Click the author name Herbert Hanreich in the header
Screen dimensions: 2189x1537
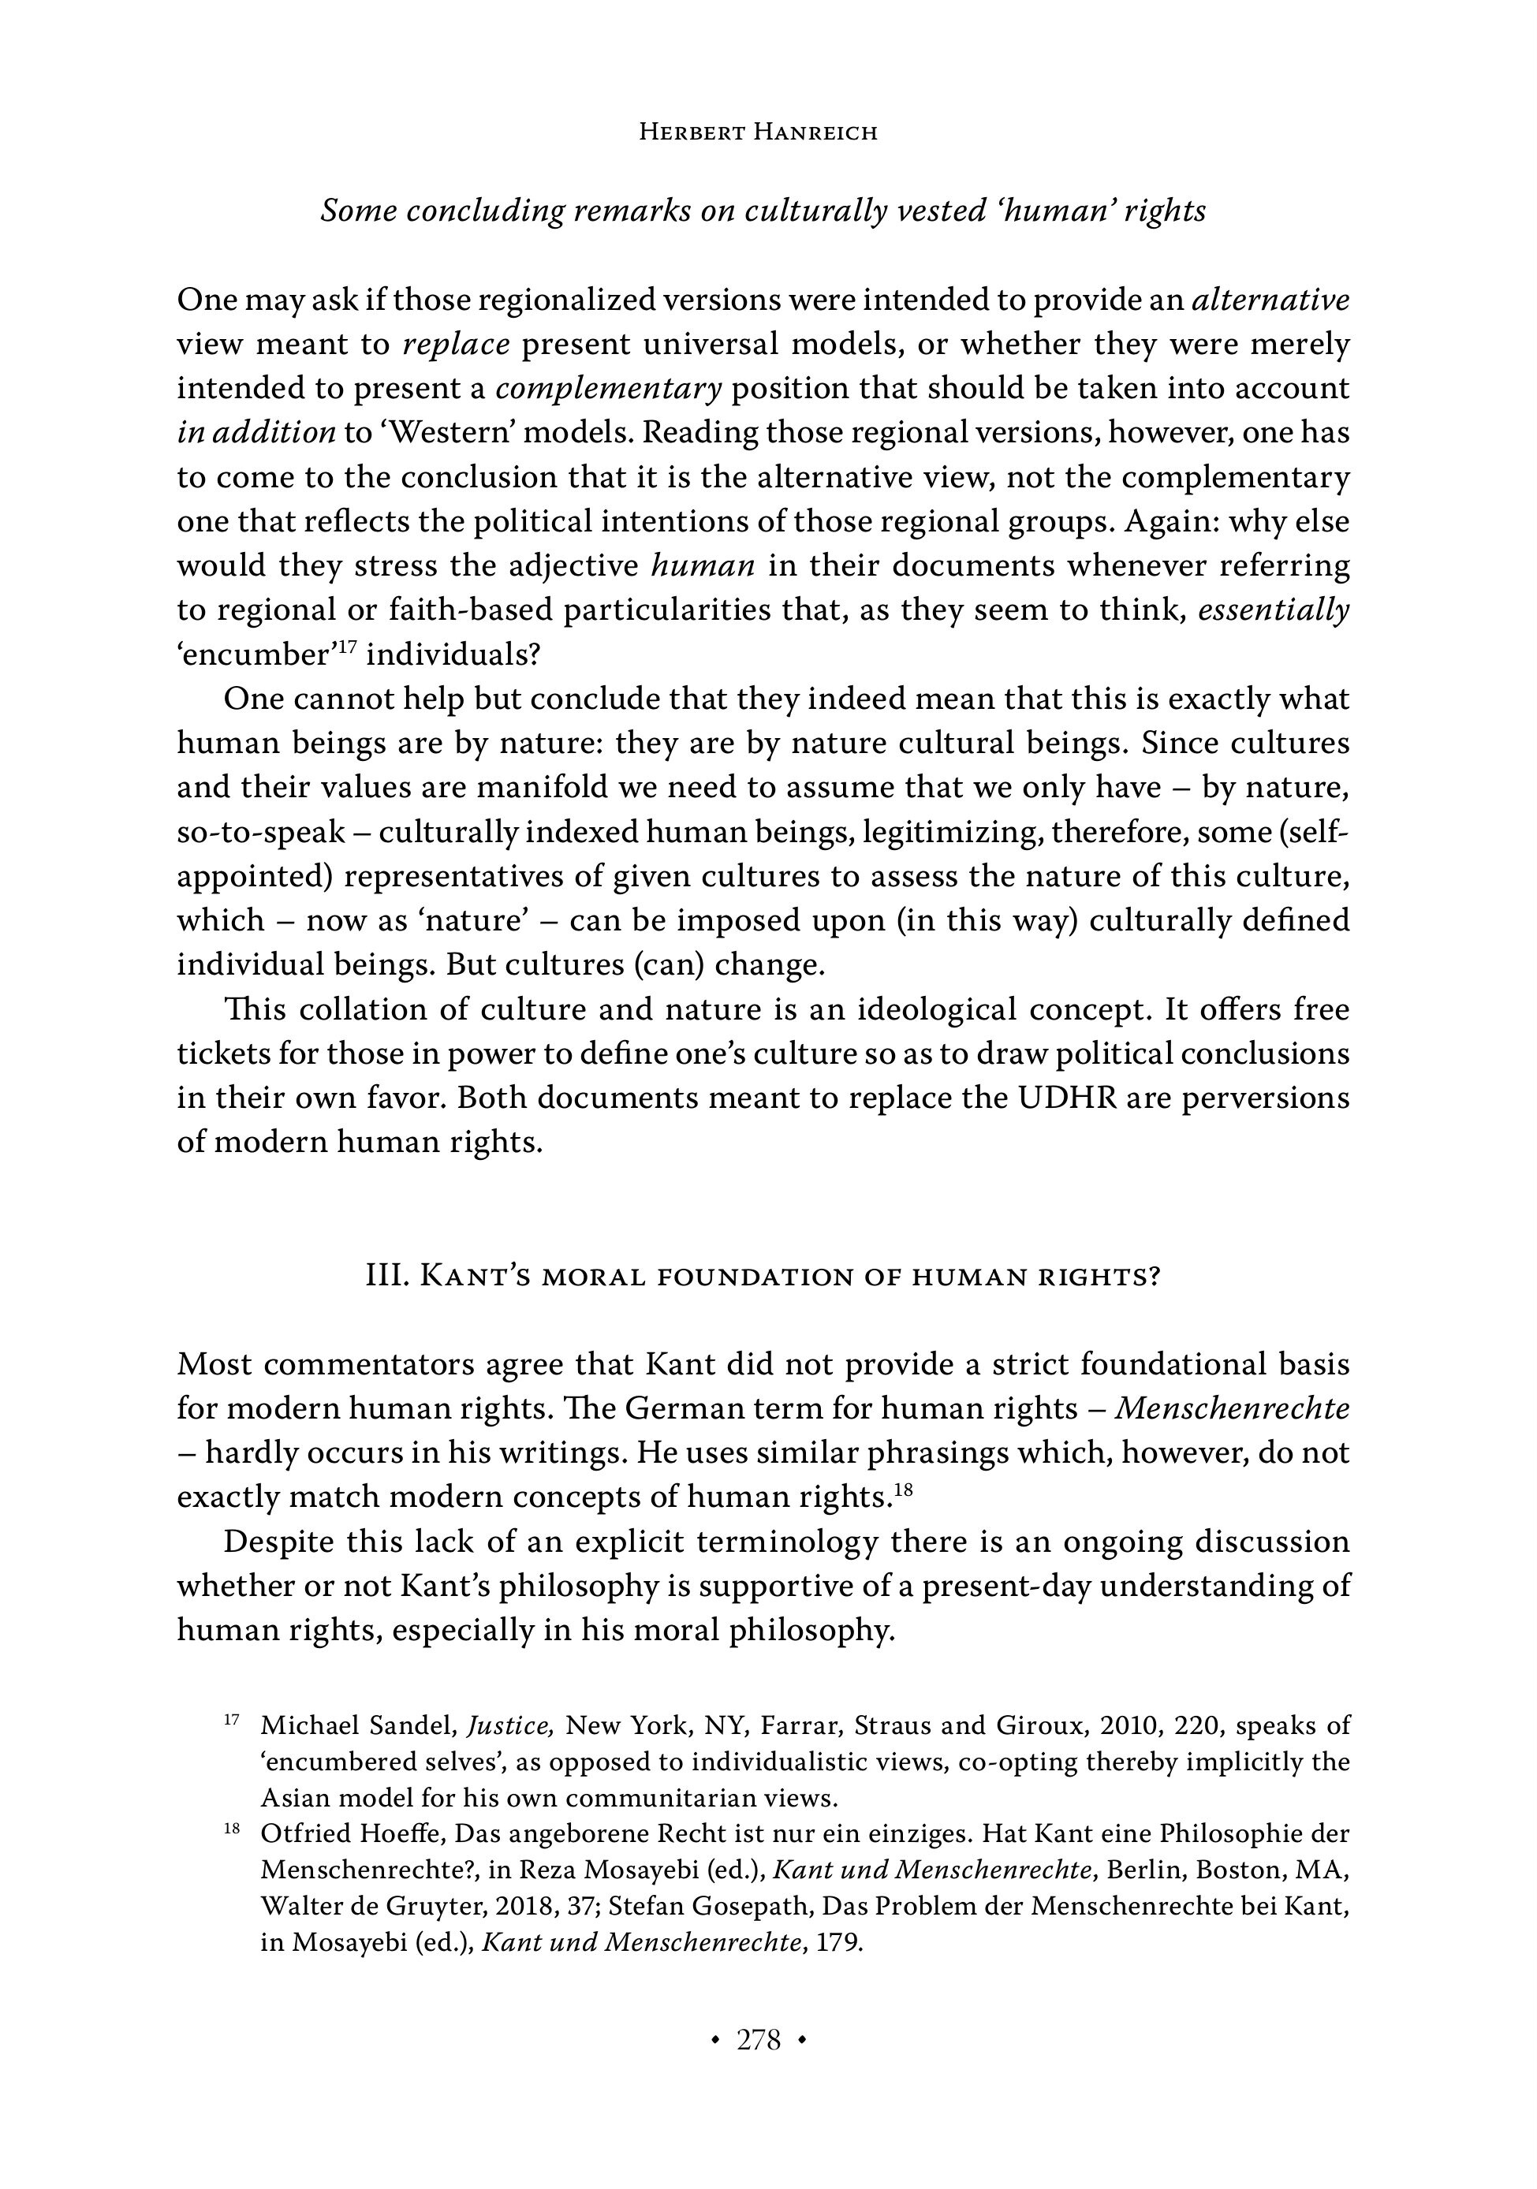pyautogui.click(x=757, y=132)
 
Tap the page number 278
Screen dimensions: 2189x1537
pyautogui.click(x=758, y=2039)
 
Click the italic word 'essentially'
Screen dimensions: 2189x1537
pyautogui.click(x=1273, y=610)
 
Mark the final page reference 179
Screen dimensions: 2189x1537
pyautogui.click(x=839, y=1942)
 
